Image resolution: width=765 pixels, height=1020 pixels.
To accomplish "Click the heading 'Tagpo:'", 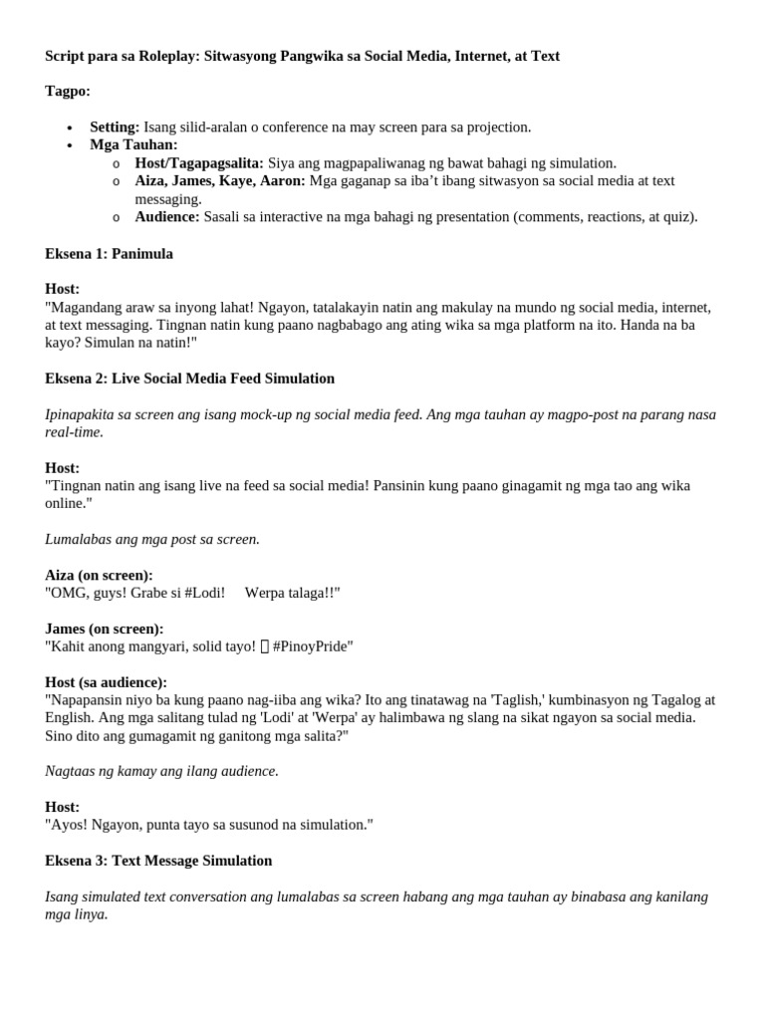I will [67, 92].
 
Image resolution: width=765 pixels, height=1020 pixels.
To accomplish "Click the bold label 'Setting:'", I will [115, 127].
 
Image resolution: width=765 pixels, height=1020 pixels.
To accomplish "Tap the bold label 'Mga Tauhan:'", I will [133, 145].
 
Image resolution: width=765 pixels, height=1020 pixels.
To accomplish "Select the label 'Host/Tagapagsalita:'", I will [199, 163].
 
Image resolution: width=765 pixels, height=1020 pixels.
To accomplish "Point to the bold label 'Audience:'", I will [167, 217].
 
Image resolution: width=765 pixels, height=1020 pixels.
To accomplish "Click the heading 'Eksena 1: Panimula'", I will [109, 254].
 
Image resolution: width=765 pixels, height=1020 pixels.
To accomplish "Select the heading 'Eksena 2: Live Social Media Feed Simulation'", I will [189, 379].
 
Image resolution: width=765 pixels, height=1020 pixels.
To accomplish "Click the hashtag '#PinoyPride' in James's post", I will [313, 647].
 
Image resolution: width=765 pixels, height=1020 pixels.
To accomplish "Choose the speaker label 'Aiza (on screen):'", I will [99, 576].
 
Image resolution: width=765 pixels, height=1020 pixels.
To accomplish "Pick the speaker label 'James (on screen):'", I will [105, 630].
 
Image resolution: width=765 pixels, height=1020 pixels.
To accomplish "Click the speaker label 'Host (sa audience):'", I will [106, 682].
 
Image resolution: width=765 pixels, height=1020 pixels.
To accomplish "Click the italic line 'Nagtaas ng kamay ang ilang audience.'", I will [161, 771].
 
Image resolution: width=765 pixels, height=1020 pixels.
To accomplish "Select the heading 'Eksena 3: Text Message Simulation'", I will [158, 861].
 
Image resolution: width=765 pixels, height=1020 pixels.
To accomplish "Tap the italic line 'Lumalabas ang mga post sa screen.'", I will [151, 540].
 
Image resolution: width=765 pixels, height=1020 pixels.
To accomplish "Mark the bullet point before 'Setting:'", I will [69, 128].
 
